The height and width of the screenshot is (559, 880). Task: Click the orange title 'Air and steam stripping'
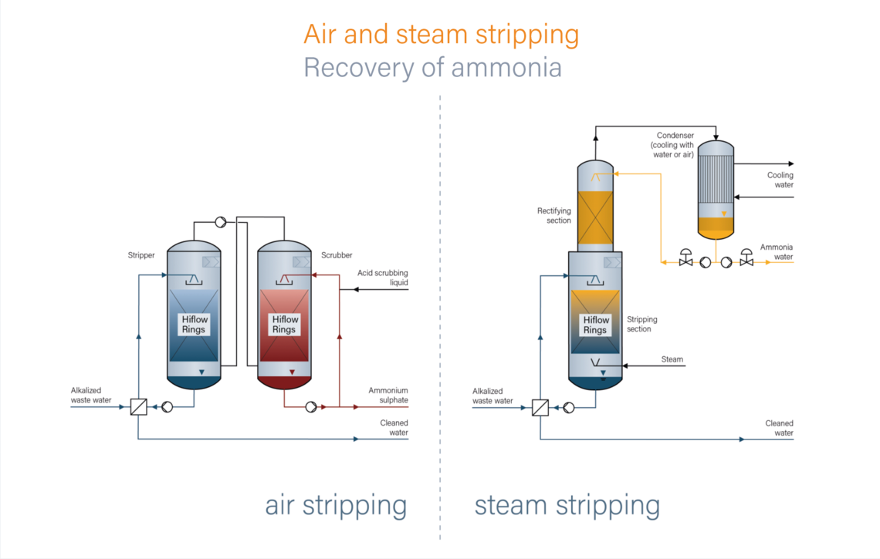click(x=441, y=35)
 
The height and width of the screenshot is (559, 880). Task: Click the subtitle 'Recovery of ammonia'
click(x=432, y=68)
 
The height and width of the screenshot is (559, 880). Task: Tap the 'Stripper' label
click(x=141, y=254)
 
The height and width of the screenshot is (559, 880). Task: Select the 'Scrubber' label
click(x=337, y=254)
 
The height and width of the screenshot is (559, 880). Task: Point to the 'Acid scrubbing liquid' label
click(x=382, y=278)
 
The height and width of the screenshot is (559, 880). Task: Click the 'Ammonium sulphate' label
click(x=388, y=396)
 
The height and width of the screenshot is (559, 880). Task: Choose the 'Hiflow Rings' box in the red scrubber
click(x=284, y=325)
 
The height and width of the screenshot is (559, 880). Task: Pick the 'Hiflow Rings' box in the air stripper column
click(x=194, y=325)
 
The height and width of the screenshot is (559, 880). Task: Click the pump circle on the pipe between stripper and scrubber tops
click(x=220, y=223)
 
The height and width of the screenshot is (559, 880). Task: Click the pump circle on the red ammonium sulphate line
click(x=310, y=407)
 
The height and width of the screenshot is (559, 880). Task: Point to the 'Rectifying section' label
click(x=553, y=215)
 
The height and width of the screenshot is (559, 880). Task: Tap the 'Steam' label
click(x=672, y=359)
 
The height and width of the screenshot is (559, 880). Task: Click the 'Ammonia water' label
click(x=776, y=252)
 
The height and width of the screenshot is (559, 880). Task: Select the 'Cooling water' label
click(x=780, y=180)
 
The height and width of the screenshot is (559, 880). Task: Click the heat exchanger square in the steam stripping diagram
click(x=540, y=407)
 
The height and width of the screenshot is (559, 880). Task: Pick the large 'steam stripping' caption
click(x=567, y=506)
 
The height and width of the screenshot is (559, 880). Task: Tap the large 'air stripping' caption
click(x=336, y=506)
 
